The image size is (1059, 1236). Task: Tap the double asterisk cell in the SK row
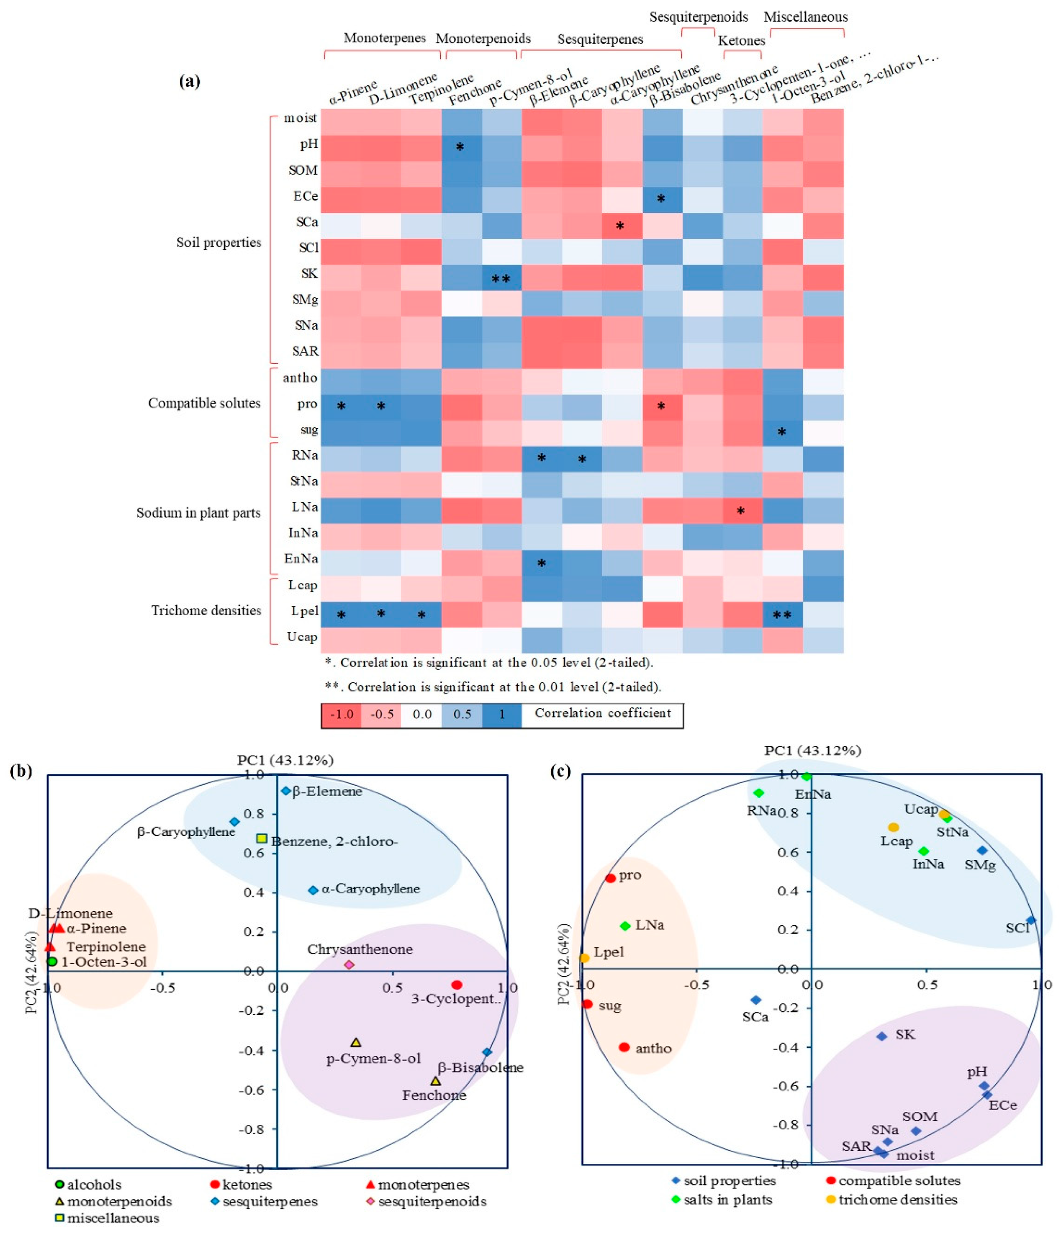point(500,278)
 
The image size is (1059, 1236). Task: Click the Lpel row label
point(304,611)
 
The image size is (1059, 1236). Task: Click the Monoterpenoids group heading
point(483,39)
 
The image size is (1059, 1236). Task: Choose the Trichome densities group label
point(206,610)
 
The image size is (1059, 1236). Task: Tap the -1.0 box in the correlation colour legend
point(342,714)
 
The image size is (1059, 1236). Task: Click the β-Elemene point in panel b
point(286,791)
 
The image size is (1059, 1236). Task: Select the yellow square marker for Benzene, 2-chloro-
point(261,838)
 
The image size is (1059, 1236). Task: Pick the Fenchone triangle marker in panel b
point(435,1081)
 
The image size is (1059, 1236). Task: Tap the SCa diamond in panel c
point(755,1000)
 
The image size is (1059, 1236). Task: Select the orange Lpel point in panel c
point(584,958)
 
